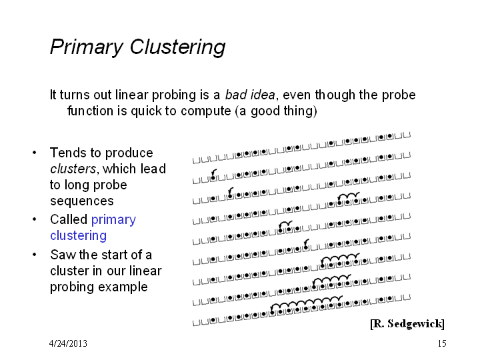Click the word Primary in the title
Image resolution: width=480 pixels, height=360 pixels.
click(87, 47)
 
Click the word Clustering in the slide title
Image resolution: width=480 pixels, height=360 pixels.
click(177, 47)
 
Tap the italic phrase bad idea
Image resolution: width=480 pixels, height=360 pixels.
click(250, 95)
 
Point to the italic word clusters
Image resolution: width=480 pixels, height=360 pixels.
click(73, 169)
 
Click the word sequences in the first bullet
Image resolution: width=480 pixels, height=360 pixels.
click(82, 201)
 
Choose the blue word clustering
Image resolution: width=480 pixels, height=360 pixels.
click(79, 236)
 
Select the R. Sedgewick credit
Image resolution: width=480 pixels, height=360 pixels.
click(407, 323)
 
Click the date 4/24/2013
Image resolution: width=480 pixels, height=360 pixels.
click(68, 343)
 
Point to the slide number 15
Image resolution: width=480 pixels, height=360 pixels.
click(442, 343)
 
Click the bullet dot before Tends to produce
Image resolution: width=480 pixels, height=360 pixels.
click(34, 153)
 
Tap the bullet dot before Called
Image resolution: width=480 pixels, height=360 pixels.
click(34, 219)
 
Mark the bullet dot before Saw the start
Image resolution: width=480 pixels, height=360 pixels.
click(34, 255)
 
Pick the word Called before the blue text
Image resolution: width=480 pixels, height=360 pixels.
click(69, 219)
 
